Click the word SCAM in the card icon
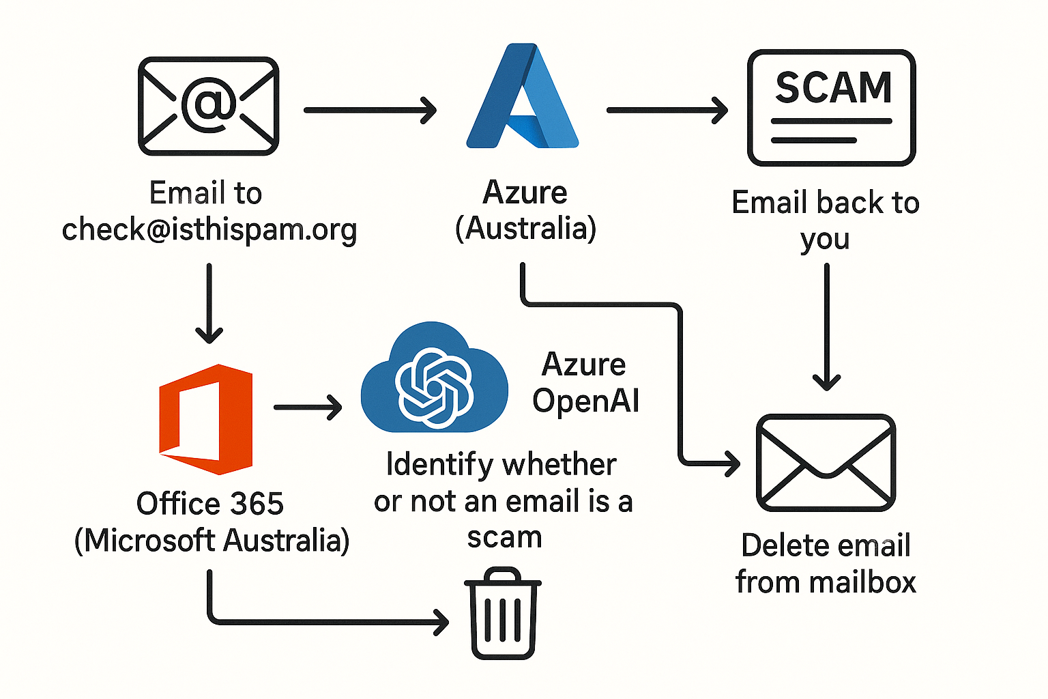(x=833, y=88)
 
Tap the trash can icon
(x=503, y=614)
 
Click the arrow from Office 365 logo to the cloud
(x=308, y=408)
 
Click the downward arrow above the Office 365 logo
(x=209, y=303)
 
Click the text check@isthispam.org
(x=209, y=230)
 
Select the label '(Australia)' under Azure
(x=525, y=229)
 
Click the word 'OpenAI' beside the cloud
(x=585, y=401)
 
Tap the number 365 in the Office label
(x=257, y=504)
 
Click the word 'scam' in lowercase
(x=504, y=537)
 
